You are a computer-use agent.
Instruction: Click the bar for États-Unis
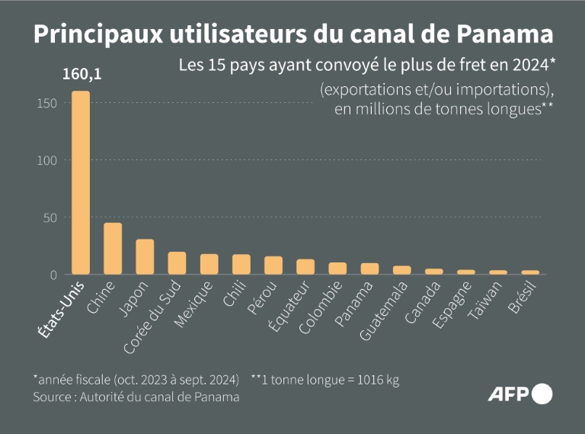tap(81, 183)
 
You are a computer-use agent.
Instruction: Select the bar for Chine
tap(113, 249)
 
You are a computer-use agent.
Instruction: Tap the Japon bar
tap(145, 257)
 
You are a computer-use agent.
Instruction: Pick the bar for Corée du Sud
tap(177, 263)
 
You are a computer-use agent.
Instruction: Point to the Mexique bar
tap(209, 264)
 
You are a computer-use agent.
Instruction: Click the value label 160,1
tap(80, 76)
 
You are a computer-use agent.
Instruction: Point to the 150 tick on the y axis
tap(47, 103)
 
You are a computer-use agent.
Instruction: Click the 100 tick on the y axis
tap(47, 160)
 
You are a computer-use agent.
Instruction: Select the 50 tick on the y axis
tap(50, 217)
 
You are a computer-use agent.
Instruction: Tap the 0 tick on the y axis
tap(54, 275)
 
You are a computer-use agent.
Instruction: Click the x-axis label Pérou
tap(261, 298)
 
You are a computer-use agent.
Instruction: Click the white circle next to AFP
tap(542, 394)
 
